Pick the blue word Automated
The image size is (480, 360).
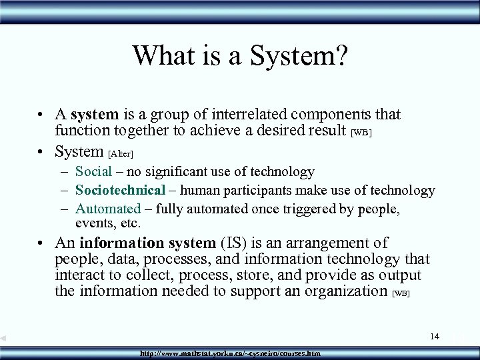(x=108, y=209)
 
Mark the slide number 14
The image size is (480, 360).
(x=435, y=336)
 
